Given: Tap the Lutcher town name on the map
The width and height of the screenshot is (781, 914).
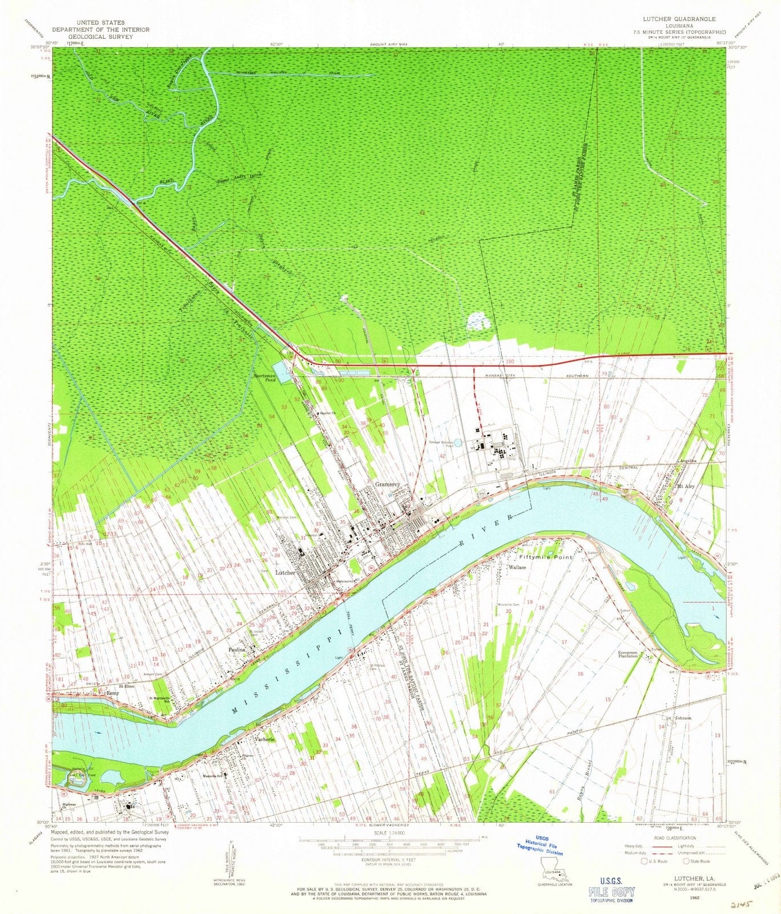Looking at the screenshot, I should click(x=285, y=572).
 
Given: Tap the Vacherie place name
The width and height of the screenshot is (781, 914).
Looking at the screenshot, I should click(x=264, y=739).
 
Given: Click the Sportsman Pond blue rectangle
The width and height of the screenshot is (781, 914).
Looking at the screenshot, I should click(x=281, y=372).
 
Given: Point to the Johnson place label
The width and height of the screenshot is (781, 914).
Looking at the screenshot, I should click(x=683, y=718).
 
